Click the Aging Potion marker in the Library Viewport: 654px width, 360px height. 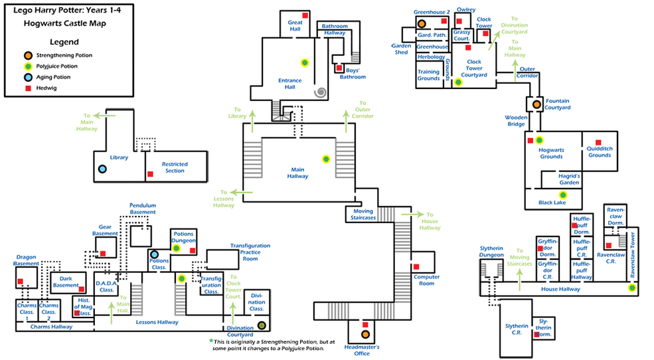102,169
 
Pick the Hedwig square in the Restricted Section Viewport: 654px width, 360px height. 150,174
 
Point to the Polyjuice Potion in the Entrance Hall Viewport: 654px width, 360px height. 305,62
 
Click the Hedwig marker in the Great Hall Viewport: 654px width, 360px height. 305,15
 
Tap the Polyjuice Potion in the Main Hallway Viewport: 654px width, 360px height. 326,158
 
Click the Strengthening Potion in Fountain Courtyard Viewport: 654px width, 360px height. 536,104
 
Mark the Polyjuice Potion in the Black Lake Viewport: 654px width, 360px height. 563,195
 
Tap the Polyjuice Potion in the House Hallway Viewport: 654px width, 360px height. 632,288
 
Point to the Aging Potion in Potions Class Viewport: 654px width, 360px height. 155,254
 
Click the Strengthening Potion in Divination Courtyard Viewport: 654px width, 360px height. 262,325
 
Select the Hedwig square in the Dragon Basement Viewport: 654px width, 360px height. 21,281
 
